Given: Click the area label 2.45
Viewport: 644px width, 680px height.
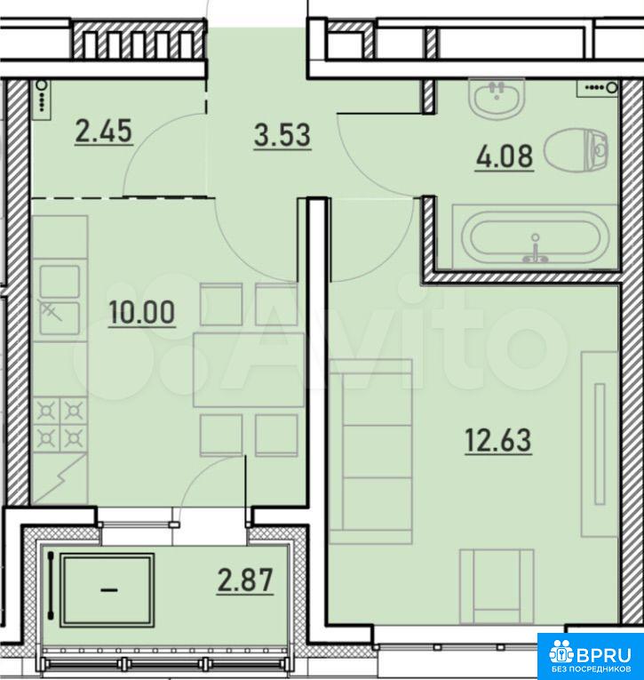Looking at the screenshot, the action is tap(104, 132).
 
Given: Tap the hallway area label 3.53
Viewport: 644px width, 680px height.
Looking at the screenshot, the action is tap(282, 135).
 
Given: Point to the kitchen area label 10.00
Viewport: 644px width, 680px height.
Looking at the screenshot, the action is tap(142, 312).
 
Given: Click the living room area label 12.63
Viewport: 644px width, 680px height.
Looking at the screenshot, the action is tap(498, 440).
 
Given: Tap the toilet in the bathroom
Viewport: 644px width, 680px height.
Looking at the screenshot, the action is tap(577, 150).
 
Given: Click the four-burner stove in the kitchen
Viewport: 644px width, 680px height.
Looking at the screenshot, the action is tap(60, 425).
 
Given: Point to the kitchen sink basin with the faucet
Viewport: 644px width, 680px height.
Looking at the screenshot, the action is tap(60, 318).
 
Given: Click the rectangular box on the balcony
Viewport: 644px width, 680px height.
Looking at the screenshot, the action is tap(107, 589).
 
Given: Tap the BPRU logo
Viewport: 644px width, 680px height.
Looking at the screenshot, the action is tap(591, 656).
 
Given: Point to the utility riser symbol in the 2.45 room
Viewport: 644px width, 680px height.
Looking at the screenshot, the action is tap(42, 100).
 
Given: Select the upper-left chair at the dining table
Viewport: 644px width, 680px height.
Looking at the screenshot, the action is tap(220, 304).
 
